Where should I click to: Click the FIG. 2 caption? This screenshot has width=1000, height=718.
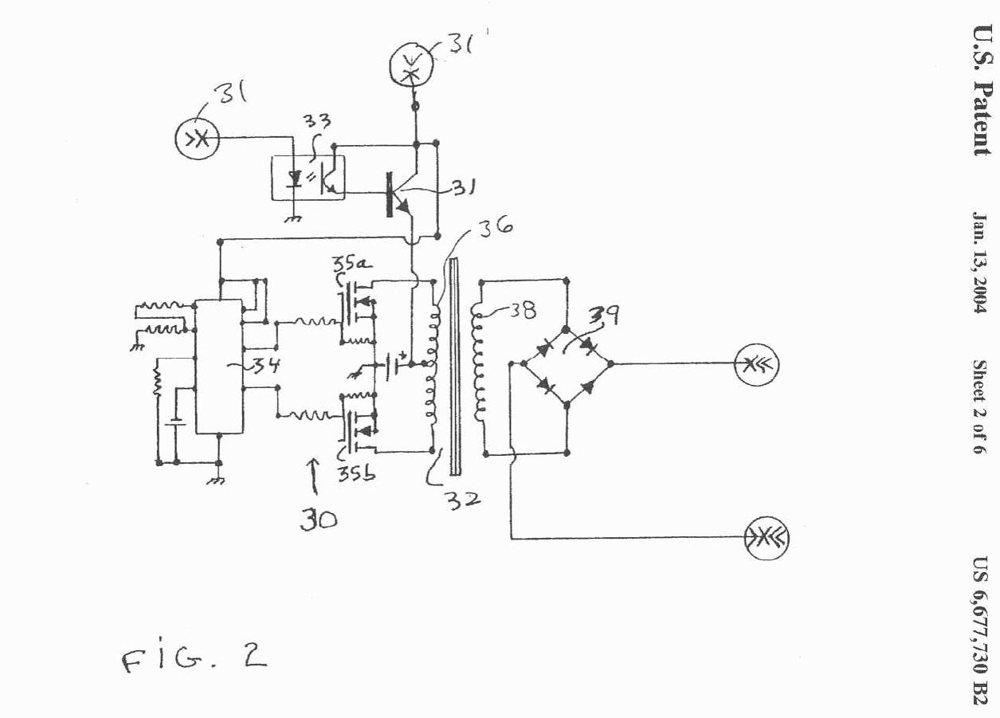pos(194,660)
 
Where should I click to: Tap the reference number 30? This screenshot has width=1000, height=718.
pos(318,520)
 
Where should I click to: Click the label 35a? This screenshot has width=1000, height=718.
pos(351,265)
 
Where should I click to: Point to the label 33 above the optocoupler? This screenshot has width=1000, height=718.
pos(317,121)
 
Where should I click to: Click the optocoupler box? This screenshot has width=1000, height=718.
pos(308,177)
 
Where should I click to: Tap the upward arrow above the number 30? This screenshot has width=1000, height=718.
pos(315,476)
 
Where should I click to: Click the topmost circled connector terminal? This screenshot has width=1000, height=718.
pos(410,67)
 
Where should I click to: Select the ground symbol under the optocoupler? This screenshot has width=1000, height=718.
pos(294,218)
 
